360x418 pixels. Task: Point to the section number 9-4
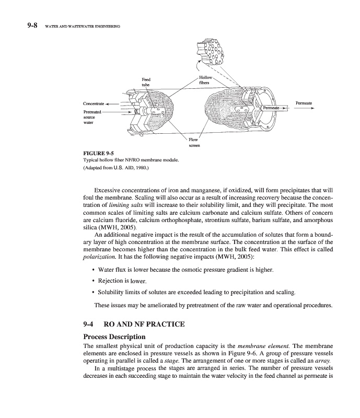[x=91, y=324]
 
